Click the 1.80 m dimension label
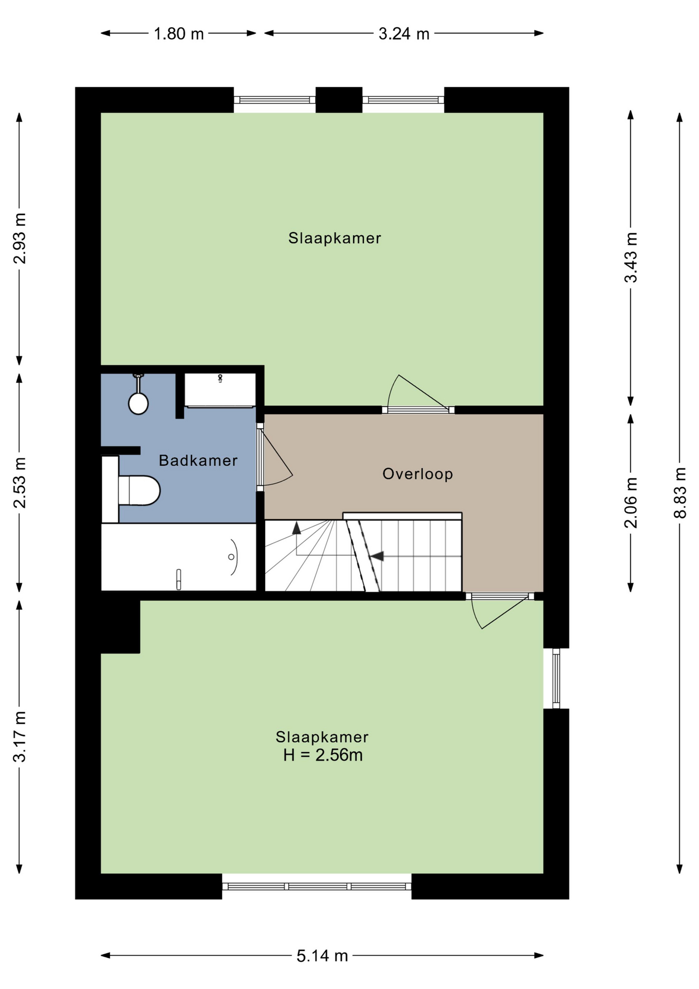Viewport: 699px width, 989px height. (x=179, y=34)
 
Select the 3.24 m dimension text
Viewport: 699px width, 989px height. (x=404, y=34)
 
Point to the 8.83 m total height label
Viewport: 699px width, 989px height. (x=680, y=492)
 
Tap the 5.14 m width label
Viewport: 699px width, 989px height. (x=322, y=956)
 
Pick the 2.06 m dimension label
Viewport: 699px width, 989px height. (x=631, y=503)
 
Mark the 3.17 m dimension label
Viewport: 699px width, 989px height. (x=20, y=737)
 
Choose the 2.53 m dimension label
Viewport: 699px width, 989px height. (x=20, y=483)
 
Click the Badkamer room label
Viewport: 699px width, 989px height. (x=198, y=461)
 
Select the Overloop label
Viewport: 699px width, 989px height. (x=417, y=474)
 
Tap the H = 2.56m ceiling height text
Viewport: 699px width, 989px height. (x=323, y=756)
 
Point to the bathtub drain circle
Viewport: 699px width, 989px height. (x=231, y=557)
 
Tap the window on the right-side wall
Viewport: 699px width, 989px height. (x=556, y=678)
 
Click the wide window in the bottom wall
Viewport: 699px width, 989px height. (x=317, y=886)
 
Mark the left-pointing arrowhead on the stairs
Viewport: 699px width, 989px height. (x=377, y=556)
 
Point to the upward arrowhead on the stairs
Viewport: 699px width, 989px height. (x=296, y=528)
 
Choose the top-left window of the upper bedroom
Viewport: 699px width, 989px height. (x=274, y=100)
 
